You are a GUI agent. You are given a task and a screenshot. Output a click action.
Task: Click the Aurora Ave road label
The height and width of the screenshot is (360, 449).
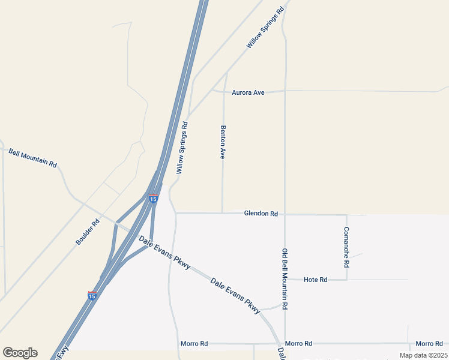248,93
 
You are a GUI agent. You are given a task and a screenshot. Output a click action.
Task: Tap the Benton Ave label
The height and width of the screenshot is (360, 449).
223,142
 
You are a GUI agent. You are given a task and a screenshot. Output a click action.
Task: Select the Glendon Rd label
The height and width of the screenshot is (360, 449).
261,214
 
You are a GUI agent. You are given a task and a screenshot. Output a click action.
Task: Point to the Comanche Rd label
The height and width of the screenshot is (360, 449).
346,247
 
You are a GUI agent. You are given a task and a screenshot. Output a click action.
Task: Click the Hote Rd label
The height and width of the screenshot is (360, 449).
315,280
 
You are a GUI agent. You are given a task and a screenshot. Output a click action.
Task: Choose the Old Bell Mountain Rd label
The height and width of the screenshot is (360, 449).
285,278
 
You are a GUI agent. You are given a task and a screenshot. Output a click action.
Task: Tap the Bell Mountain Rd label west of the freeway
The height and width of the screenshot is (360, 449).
32,158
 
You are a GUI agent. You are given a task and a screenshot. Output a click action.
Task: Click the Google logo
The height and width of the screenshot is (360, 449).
20,353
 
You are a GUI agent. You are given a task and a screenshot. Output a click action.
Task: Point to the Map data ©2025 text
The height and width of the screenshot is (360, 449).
423,355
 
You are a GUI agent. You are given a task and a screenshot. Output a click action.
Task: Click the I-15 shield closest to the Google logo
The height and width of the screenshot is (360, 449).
92,295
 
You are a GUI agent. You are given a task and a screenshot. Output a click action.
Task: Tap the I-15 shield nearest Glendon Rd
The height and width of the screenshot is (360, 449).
154,199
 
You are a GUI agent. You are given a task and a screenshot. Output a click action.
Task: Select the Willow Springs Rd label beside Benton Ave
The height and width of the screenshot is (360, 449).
182,148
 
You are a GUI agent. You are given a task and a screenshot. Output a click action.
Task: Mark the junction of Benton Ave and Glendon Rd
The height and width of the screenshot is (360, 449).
223,213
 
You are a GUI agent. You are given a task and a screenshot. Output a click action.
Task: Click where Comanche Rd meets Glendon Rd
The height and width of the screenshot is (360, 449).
346,215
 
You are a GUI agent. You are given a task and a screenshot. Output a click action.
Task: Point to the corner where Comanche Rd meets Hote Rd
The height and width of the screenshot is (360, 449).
346,280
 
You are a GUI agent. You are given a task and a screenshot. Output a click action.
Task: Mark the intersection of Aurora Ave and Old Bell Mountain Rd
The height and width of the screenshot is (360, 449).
285,91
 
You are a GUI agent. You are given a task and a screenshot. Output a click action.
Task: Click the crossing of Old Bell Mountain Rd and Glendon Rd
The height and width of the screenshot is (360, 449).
285,214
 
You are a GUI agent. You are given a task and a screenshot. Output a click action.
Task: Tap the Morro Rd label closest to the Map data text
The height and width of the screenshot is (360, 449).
429,344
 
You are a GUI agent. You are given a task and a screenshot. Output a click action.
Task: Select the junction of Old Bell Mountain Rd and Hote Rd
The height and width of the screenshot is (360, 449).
285,280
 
